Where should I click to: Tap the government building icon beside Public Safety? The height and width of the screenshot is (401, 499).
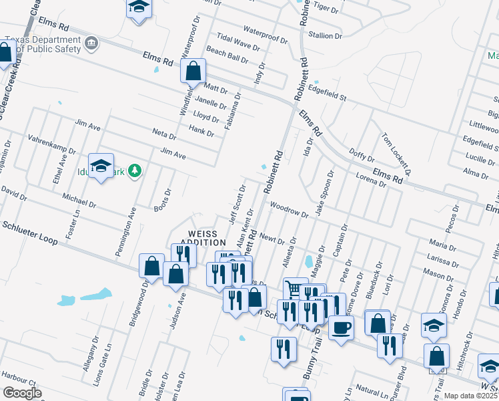tap(91, 45)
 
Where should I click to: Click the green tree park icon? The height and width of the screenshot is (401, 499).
tap(135, 170)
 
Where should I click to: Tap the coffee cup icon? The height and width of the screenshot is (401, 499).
tap(342, 327)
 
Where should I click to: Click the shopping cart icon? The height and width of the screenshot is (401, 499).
tap(295, 289)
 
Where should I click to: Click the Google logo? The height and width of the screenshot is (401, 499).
tap(23, 393)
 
